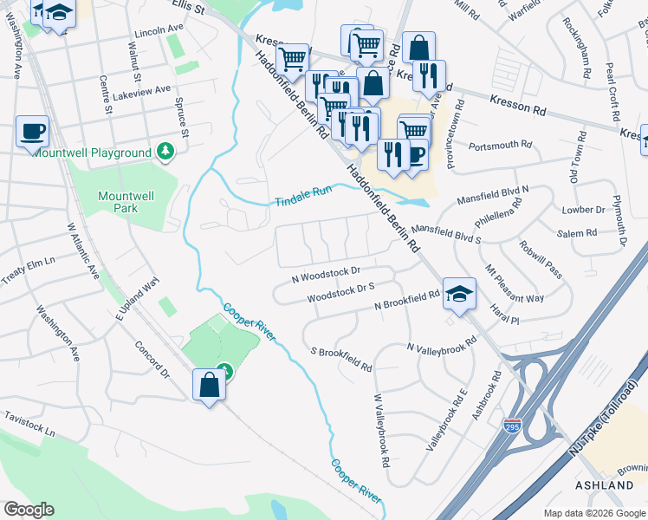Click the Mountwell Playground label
pyautogui.click(x=91, y=153)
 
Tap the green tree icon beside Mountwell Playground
pyautogui.click(x=165, y=153)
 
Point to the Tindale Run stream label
pyautogui.click(x=303, y=196)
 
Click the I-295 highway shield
pyautogui.click(x=512, y=426)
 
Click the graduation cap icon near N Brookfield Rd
pyautogui.click(x=458, y=295)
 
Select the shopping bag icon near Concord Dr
pyautogui.click(x=209, y=384)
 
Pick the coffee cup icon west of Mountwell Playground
pyautogui.click(x=33, y=131)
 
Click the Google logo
pyautogui.click(x=29, y=510)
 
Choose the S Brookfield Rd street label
pyautogui.click(x=341, y=359)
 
